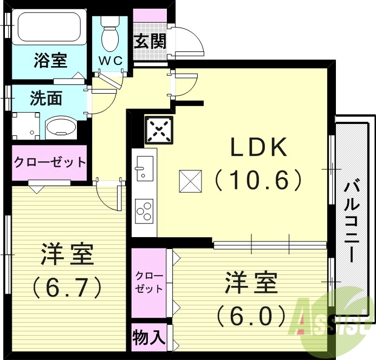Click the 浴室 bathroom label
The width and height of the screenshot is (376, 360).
[50, 60]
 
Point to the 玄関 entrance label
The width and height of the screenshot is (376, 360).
[150, 41]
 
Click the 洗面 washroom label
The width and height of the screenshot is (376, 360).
[46, 99]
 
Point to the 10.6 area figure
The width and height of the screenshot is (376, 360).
[258, 179]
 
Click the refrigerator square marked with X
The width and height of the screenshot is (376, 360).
[158, 130]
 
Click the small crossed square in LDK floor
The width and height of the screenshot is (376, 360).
[191, 180]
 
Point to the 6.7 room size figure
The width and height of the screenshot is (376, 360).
[67, 287]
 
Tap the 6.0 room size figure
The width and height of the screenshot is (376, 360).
[250, 314]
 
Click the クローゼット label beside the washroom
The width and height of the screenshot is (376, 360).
[49, 162]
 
